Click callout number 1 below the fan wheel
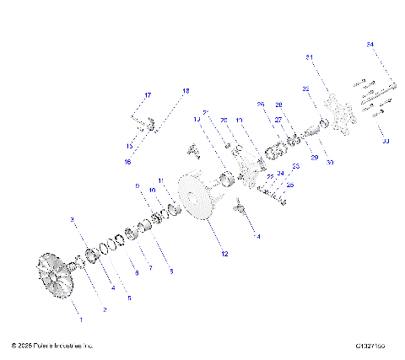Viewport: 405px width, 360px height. [81, 321]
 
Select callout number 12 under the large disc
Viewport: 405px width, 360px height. [224, 253]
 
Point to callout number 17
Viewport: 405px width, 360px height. [147, 94]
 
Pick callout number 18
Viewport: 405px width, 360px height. [186, 89]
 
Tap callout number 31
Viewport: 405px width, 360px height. [309, 57]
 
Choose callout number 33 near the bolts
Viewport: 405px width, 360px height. [385, 141]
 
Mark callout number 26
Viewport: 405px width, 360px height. [261, 105]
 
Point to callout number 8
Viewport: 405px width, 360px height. [171, 271]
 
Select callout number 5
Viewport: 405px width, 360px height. [129, 298]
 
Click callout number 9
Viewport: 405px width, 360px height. [136, 185]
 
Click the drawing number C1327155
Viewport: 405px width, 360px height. [371, 346]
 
